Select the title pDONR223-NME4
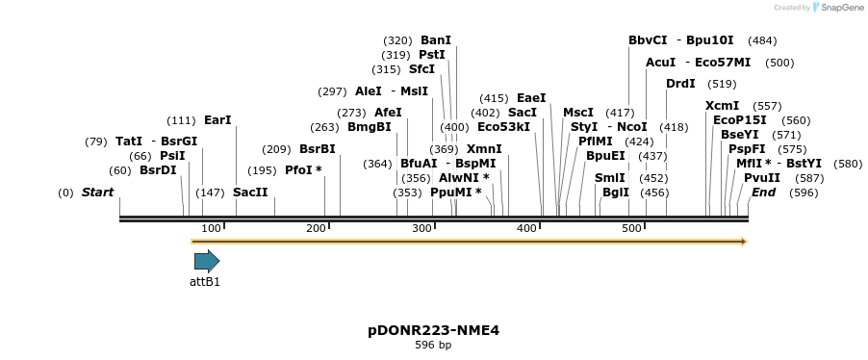point(433,330)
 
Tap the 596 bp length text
point(433,345)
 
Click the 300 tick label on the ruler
point(421,227)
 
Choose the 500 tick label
point(630,227)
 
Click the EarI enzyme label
point(217,120)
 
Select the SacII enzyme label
point(250,193)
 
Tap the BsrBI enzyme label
point(318,149)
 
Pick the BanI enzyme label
point(436,40)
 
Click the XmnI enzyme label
point(484,149)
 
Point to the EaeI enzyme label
point(531,98)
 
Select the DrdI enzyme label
point(680,84)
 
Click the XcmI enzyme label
point(722,106)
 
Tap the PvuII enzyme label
point(762,178)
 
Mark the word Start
point(97,193)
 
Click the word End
point(763,193)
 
